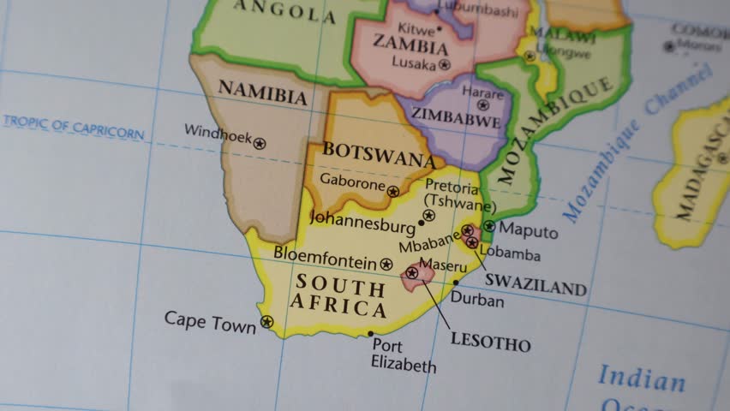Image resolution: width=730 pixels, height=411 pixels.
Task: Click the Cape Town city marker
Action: point(266,322)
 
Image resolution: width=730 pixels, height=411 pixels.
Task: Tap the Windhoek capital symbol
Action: point(260,144)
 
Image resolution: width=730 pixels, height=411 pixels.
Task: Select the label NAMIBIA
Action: point(262,92)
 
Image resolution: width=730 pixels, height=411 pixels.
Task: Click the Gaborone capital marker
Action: point(392,192)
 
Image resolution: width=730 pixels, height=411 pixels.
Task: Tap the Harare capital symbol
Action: point(483,105)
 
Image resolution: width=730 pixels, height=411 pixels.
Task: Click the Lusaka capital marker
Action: point(444,64)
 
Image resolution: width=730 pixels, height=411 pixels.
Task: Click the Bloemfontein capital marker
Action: point(386,264)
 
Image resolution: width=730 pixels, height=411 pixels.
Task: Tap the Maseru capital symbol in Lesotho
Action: point(412,273)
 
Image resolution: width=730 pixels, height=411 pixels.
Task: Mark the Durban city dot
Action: point(455,283)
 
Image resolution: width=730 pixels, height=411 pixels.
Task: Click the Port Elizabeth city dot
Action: point(370,334)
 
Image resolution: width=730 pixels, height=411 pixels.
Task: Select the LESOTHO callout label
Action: point(490,343)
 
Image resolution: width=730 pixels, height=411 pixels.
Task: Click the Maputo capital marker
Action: point(488,226)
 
